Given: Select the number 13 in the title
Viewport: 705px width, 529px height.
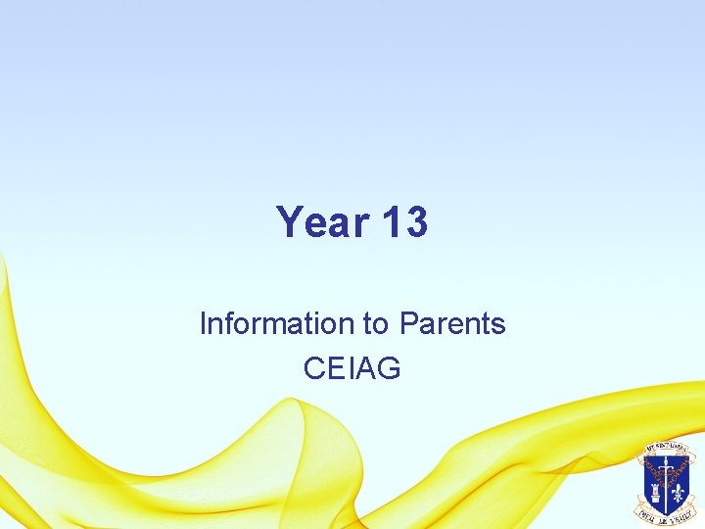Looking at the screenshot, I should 403,222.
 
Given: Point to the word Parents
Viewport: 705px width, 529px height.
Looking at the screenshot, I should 451,323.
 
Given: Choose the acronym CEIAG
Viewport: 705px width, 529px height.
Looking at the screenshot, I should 352,368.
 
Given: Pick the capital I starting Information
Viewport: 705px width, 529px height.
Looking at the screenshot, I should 203,323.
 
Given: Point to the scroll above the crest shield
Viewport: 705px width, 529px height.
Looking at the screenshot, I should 666,449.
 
